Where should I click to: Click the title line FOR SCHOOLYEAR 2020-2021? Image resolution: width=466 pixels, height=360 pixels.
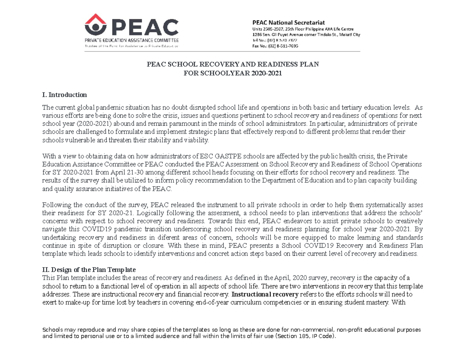(232, 73)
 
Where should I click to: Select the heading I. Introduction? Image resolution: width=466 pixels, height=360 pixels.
(64, 95)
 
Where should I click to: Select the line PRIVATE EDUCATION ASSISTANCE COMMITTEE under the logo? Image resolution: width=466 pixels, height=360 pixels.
(132, 40)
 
